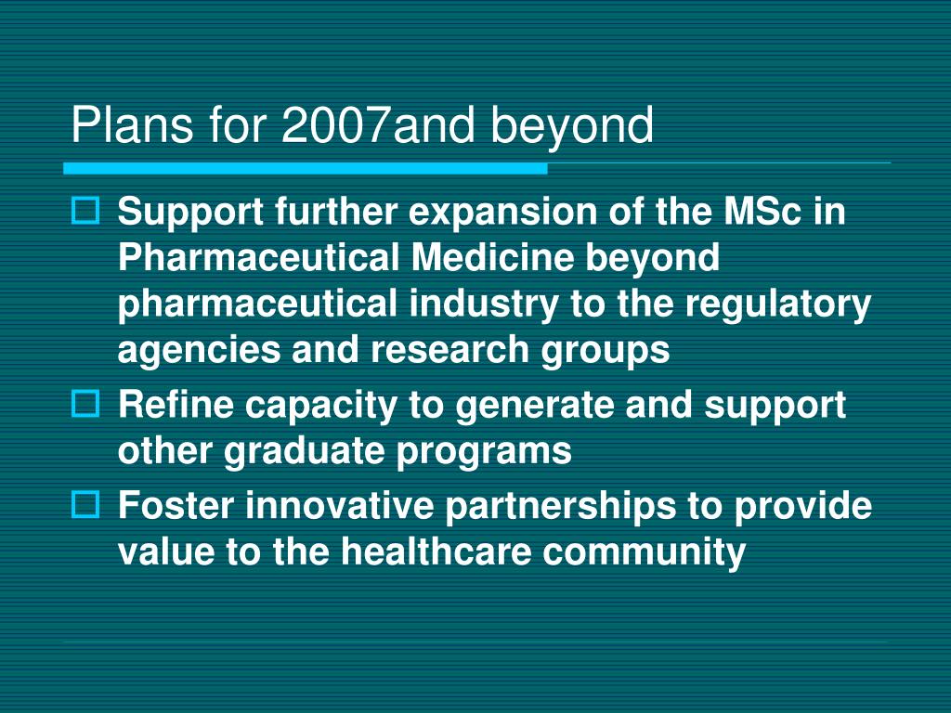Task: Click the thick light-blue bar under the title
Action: [306, 168]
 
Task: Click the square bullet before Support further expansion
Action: [85, 213]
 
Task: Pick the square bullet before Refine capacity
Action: [85, 404]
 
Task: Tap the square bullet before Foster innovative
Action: [85, 505]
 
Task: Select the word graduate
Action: [306, 451]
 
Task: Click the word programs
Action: [484, 451]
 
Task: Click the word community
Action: [645, 551]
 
